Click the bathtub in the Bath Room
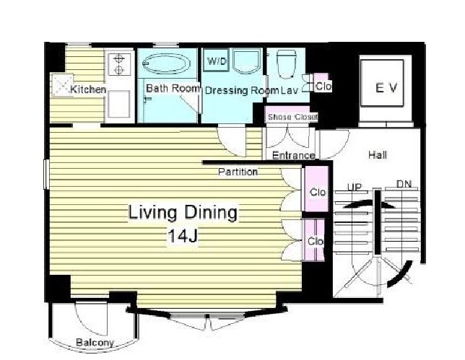point(166,63)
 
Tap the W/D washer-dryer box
point(217,61)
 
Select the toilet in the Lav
point(286,64)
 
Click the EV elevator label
point(386,88)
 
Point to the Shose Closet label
point(292,117)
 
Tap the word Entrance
point(294,155)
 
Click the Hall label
point(378,154)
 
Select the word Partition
point(238,172)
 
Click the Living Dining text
point(183,213)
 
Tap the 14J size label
point(183,236)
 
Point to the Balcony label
point(95,343)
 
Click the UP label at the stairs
point(355,188)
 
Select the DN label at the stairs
point(404,184)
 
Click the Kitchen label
point(88,89)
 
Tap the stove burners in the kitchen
point(118,64)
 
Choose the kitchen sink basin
point(118,104)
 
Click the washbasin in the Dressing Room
point(246,61)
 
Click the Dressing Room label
point(242,90)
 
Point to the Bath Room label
point(173,88)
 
